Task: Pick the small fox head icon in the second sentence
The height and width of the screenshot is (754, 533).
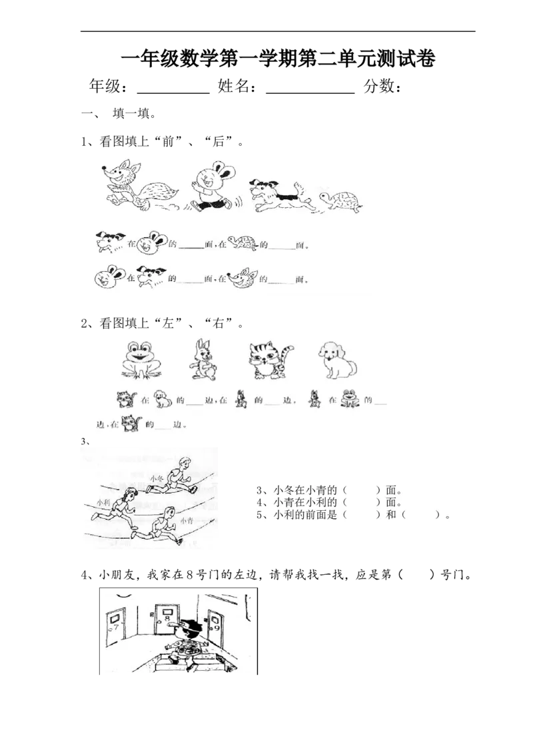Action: click(x=240, y=278)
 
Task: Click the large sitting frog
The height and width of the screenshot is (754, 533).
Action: click(x=141, y=360)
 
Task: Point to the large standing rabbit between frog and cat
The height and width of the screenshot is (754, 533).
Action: click(x=202, y=360)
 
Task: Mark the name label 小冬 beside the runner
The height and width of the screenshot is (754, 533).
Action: click(x=158, y=478)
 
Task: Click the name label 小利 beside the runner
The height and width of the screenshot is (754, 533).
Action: click(x=103, y=502)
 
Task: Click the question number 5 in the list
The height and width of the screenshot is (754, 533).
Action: click(x=259, y=515)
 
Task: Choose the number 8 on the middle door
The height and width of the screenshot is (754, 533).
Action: click(x=166, y=619)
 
